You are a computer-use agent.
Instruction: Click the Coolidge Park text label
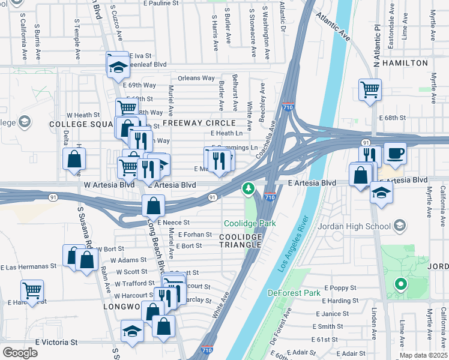pos(250,223)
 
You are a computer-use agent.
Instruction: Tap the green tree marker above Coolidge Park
pos(248,190)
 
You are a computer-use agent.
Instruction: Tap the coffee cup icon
pos(395,153)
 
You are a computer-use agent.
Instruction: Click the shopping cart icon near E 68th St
pos(370,90)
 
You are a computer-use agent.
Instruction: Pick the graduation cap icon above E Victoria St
pos(132,330)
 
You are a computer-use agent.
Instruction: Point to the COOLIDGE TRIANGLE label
pos(241,241)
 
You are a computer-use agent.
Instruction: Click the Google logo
pos(20,352)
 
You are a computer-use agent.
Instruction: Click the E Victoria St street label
pos(56,341)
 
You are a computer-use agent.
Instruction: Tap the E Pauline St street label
pos(161,3)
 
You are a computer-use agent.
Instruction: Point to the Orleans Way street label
pos(196,78)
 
